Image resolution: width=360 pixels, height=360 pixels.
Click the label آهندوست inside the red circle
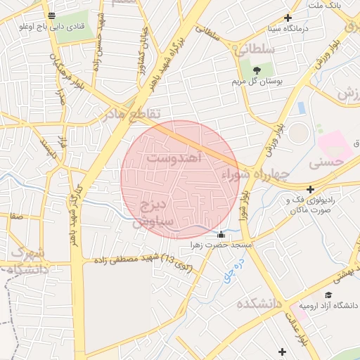point(175,159)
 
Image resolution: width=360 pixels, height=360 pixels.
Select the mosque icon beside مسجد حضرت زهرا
point(221,235)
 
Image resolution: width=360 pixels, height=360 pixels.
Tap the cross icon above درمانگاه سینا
point(288,18)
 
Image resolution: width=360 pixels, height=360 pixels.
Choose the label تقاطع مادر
point(131,113)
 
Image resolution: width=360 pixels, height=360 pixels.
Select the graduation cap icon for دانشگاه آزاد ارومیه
point(328,294)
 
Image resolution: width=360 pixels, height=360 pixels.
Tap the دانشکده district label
point(259,304)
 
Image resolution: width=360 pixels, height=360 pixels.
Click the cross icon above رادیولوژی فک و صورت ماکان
point(310,189)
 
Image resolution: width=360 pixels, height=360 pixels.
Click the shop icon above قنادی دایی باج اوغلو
point(51,15)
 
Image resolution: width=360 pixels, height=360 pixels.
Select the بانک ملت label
point(324,6)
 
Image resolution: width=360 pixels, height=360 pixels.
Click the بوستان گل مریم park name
point(257,82)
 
